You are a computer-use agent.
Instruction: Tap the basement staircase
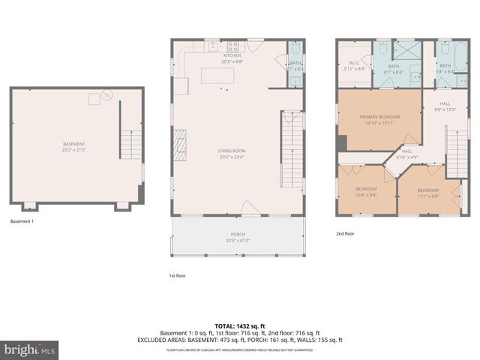point(131,142)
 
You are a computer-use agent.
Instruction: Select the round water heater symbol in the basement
point(106,95)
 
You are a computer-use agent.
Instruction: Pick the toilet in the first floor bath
point(295,53)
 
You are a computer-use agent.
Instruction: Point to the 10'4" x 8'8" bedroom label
point(366,190)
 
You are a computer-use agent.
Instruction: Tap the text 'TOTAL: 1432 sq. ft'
point(240,325)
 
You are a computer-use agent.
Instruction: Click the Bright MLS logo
point(30,349)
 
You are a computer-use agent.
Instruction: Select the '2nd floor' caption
point(344,233)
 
